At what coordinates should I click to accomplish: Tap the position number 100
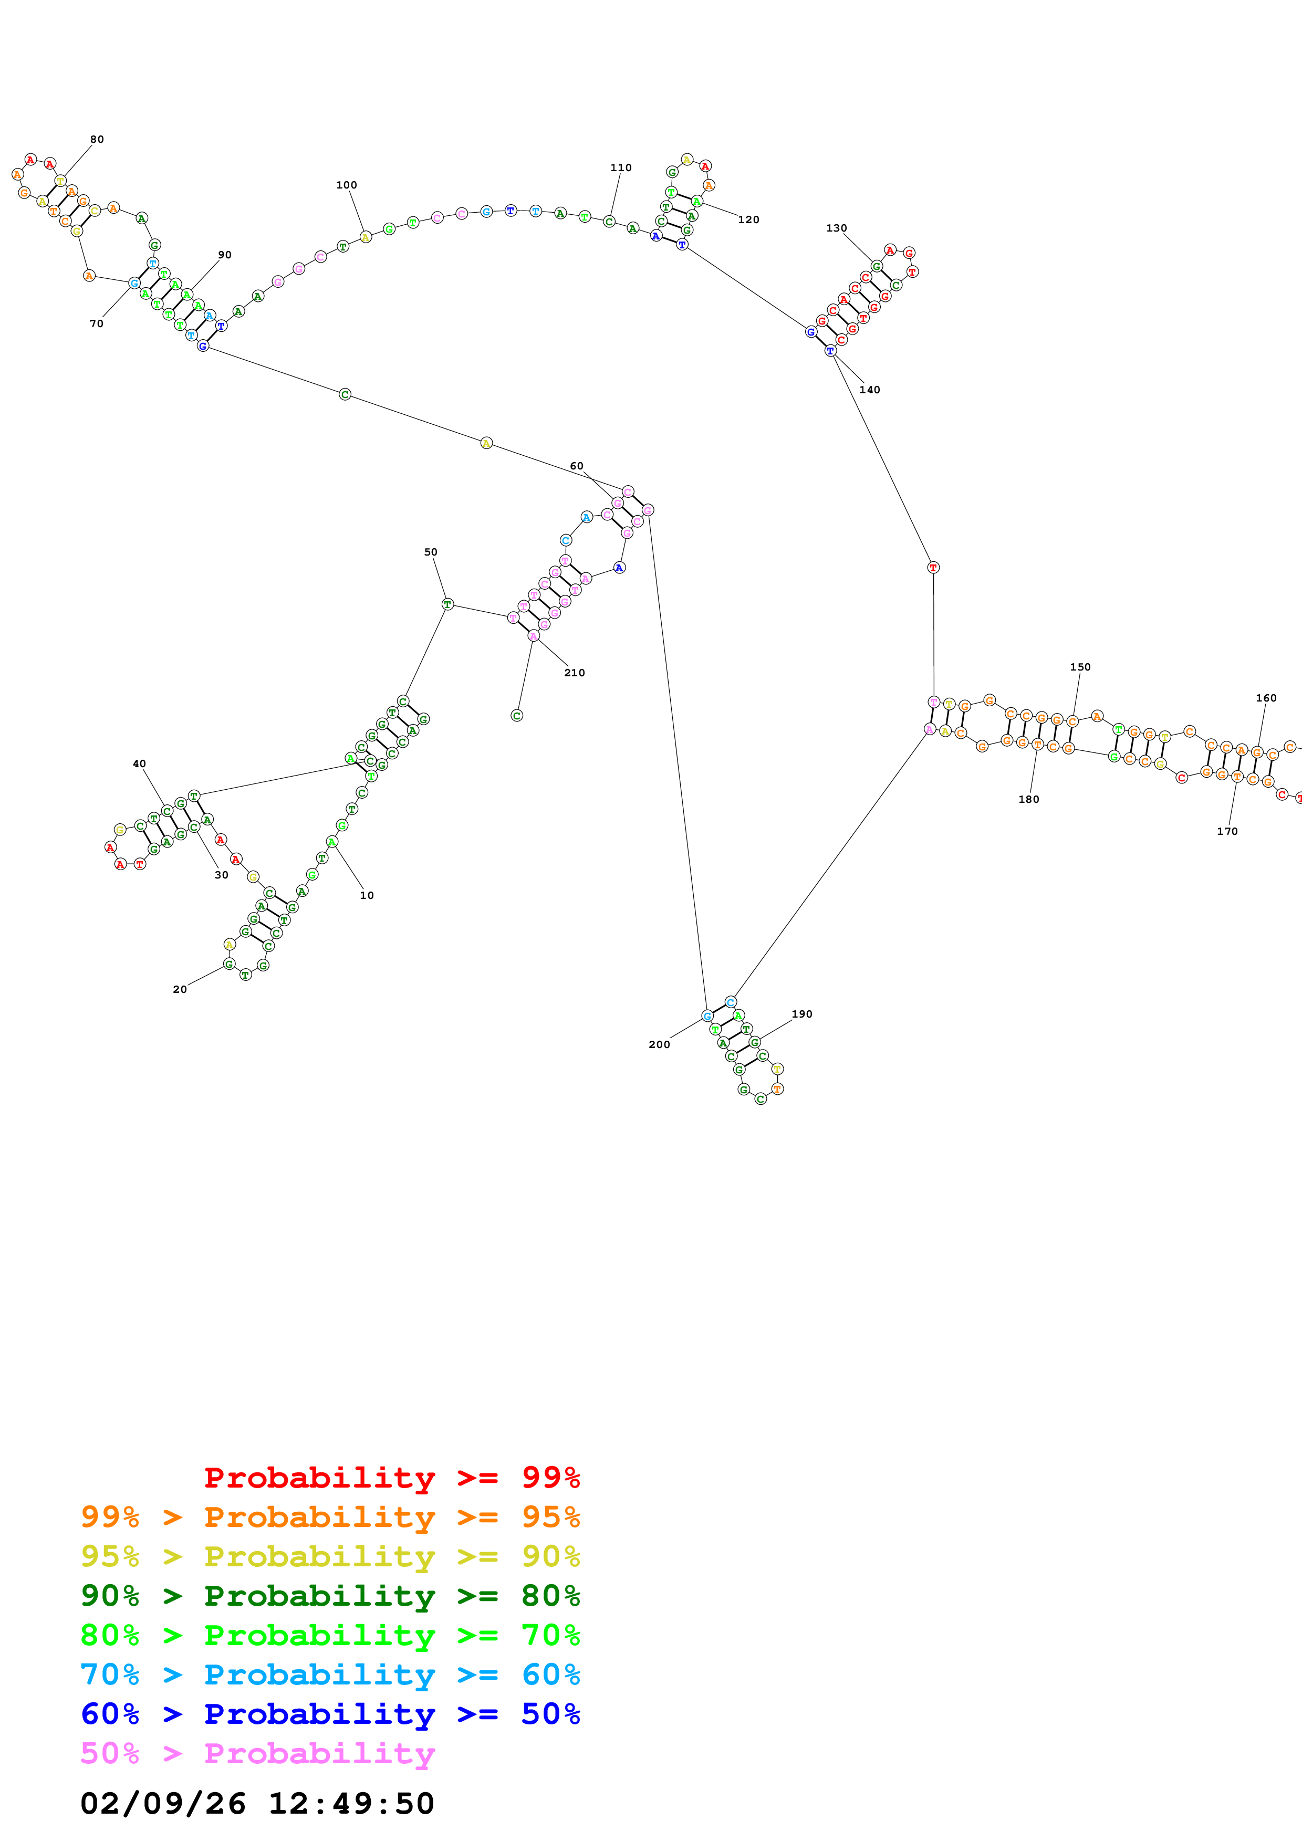(x=347, y=185)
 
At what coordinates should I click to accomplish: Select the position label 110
(x=621, y=168)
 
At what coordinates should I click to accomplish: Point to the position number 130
(x=837, y=228)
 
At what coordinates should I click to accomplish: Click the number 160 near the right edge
(x=1266, y=698)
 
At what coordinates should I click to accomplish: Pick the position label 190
(x=802, y=1014)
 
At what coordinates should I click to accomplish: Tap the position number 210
(x=575, y=673)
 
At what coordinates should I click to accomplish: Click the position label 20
(x=180, y=989)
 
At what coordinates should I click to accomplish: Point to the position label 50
(x=431, y=552)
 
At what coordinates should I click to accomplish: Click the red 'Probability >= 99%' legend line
(x=391, y=1477)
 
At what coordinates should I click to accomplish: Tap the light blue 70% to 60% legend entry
(x=330, y=1674)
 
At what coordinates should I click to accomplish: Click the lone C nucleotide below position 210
(x=517, y=716)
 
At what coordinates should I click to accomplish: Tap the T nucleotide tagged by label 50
(x=447, y=604)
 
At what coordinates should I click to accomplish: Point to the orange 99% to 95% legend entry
(x=330, y=1516)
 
